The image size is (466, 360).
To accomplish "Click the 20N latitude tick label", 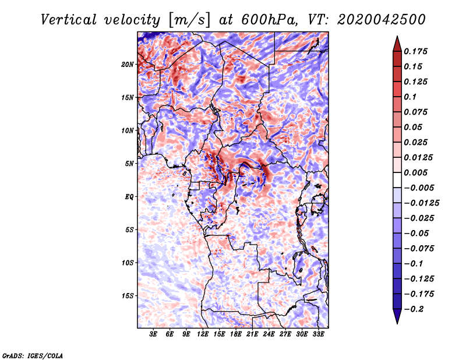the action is pyautogui.click(x=128, y=65).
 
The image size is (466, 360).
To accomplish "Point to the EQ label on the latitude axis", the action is pyautogui.click(x=129, y=197).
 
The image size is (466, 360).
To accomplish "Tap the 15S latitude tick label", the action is pyautogui.click(x=128, y=296).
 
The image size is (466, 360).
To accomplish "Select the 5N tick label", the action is pyautogui.click(x=129, y=164).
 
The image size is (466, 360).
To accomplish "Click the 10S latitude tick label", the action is pyautogui.click(x=128, y=263).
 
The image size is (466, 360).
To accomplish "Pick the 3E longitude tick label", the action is pyautogui.click(x=153, y=334).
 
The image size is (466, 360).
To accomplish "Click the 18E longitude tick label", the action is pyautogui.click(x=236, y=334).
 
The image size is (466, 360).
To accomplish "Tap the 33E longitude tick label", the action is pyautogui.click(x=318, y=334).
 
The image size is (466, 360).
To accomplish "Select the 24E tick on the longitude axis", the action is pyautogui.click(x=269, y=334).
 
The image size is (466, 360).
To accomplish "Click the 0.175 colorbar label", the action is pyautogui.click(x=415, y=51).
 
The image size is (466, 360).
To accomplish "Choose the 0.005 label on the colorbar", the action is pyautogui.click(x=415, y=172).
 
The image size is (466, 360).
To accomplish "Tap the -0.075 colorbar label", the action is pyautogui.click(x=419, y=249).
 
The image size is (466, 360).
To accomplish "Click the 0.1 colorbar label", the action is pyautogui.click(x=410, y=97).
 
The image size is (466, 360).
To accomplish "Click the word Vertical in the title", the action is pyautogui.click(x=69, y=20).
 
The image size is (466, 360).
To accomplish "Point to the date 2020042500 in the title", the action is pyautogui.click(x=382, y=20).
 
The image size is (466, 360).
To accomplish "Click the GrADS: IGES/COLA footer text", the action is pyautogui.click(x=33, y=355).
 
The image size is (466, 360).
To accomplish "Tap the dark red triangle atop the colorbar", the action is pyautogui.click(x=397, y=44).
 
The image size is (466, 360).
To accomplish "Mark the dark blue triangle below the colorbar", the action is pyautogui.click(x=397, y=316).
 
